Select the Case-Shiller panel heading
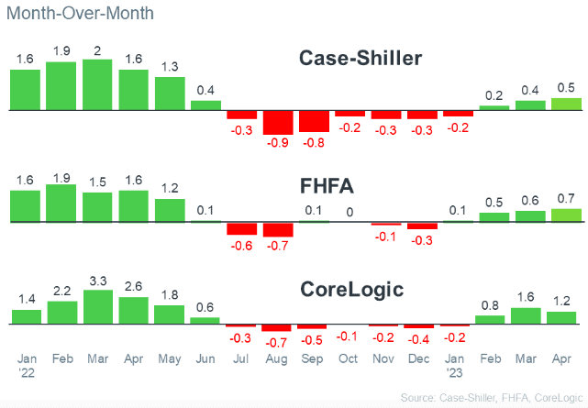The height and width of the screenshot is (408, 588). tap(361, 59)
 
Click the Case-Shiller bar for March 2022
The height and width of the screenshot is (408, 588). tap(97, 85)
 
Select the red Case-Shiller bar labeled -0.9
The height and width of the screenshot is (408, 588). tap(278, 122)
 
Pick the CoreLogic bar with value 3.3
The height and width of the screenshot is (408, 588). tap(97, 307)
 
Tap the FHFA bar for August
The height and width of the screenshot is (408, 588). tap(278, 229)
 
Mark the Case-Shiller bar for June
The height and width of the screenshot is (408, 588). tap(205, 105)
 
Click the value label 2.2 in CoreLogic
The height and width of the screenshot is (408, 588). tap(61, 291)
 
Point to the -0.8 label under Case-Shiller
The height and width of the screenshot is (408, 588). tap(314, 142)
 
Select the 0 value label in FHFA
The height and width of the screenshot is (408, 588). tap(349, 212)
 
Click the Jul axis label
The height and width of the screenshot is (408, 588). tap(241, 358)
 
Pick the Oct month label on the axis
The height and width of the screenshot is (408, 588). tap(349, 358)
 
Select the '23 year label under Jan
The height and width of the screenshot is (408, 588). tap(455, 373)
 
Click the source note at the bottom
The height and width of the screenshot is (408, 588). tap(491, 397)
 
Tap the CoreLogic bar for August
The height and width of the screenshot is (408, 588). tap(278, 328)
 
